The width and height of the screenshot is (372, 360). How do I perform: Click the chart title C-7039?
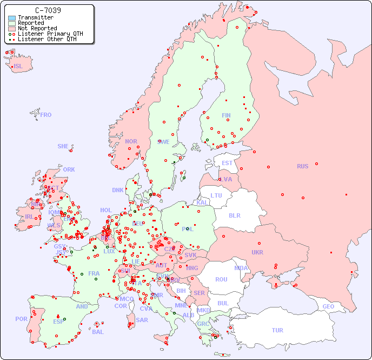(48, 10)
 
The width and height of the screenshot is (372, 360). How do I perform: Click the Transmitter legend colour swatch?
(12, 18)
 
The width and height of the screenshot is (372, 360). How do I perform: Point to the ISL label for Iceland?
(18, 67)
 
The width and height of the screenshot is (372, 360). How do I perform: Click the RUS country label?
(302, 166)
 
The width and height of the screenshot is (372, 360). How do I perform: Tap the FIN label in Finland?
(226, 115)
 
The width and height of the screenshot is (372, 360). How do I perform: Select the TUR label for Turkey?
(277, 330)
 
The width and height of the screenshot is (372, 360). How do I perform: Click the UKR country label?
(257, 252)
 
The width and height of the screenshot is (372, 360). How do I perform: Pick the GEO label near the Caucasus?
(328, 306)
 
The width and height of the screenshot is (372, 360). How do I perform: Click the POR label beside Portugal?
(21, 319)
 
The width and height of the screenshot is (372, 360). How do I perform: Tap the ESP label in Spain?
(58, 321)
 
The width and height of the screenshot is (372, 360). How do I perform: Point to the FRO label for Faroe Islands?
(46, 115)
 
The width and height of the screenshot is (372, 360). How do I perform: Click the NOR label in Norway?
(131, 141)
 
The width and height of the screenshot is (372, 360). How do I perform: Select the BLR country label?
(234, 215)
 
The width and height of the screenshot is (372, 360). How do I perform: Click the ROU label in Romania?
(221, 279)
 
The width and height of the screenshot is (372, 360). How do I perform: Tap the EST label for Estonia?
(227, 163)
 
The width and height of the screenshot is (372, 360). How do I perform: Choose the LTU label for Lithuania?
(216, 195)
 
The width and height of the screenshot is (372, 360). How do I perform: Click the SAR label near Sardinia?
(142, 320)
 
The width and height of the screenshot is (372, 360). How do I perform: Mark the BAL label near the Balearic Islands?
(98, 332)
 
